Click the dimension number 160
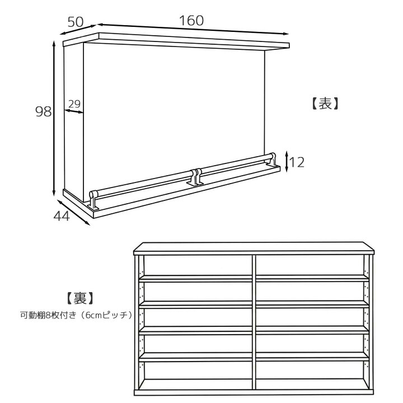(191, 21)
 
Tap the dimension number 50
(76, 22)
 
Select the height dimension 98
(43, 111)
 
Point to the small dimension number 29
(74, 104)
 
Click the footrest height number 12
(297, 162)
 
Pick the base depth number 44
(62, 216)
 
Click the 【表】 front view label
(325, 104)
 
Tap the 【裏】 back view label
(79, 298)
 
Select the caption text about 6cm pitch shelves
(76, 315)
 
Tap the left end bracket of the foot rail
(93, 199)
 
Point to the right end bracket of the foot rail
(272, 160)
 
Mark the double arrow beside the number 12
(287, 162)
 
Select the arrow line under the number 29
(74, 111)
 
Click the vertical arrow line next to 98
(54, 118)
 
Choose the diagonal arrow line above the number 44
(73, 213)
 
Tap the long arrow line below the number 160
(193, 29)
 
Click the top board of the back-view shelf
(254, 249)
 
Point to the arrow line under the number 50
(78, 30)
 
